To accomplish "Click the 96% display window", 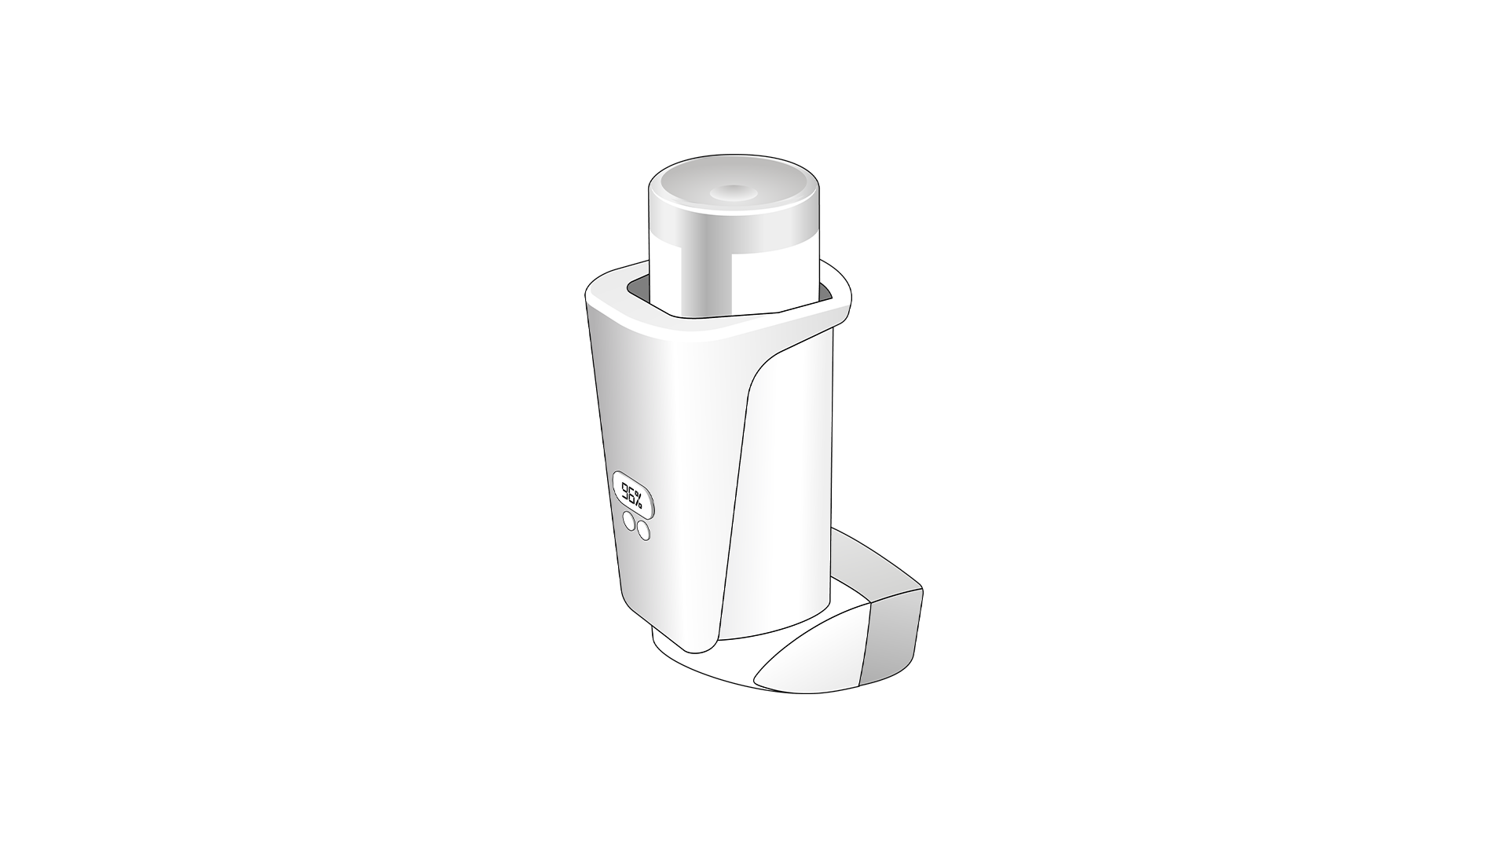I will click(632, 494).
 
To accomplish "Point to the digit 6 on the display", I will click(633, 495).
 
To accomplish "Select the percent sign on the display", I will click(641, 499).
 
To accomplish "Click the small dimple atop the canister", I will click(730, 191).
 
